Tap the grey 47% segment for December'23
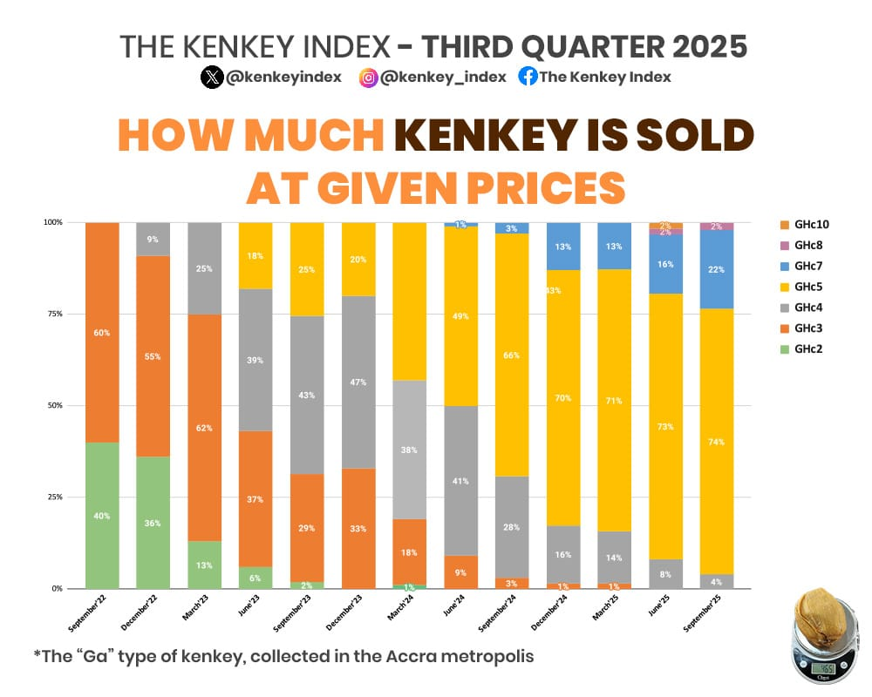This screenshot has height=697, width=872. tap(358, 382)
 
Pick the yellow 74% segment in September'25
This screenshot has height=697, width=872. tap(717, 441)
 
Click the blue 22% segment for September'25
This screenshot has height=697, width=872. tap(717, 269)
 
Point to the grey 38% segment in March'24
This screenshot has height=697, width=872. tap(410, 450)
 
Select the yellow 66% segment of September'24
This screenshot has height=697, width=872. tap(512, 355)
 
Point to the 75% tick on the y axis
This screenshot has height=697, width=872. tap(54, 314)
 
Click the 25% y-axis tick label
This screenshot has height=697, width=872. tap(54, 497)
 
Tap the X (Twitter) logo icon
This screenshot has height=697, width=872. tap(212, 77)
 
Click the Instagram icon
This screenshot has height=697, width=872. tap(369, 77)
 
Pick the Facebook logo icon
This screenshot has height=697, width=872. tap(528, 77)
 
